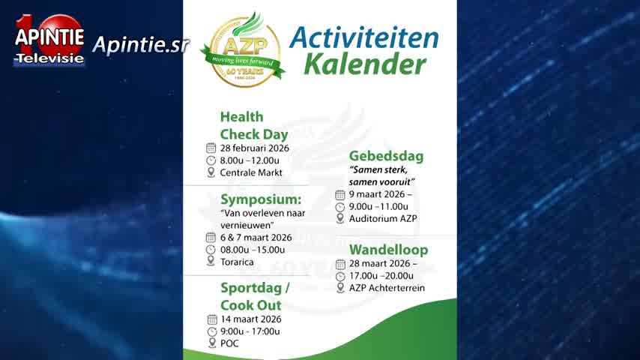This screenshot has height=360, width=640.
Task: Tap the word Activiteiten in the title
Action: point(363,38)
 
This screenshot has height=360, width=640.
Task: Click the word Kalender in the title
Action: point(365,64)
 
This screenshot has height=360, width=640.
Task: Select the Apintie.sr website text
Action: point(140,45)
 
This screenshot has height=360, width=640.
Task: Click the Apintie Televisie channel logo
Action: point(49,40)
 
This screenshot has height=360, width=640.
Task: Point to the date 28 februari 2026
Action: point(254,148)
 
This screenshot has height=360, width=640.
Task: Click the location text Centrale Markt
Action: point(251,172)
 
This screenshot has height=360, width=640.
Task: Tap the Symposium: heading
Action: point(261,199)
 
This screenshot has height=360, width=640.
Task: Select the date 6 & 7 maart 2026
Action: point(256,238)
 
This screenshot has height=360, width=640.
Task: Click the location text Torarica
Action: point(237,262)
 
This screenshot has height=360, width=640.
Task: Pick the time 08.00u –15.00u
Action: point(253,250)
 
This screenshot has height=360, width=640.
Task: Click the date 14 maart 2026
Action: point(250,319)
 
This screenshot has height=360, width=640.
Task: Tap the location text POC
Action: point(229,343)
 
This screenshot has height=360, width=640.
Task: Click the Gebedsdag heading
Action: point(386,156)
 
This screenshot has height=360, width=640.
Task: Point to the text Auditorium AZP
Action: point(383,218)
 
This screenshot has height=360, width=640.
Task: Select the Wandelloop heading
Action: point(388,250)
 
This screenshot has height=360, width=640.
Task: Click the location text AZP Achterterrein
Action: point(387,288)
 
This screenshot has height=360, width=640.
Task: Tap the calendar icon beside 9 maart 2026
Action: point(340,195)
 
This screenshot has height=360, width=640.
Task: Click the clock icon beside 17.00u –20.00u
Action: point(340,277)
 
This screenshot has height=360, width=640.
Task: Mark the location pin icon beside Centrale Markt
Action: point(211,172)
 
